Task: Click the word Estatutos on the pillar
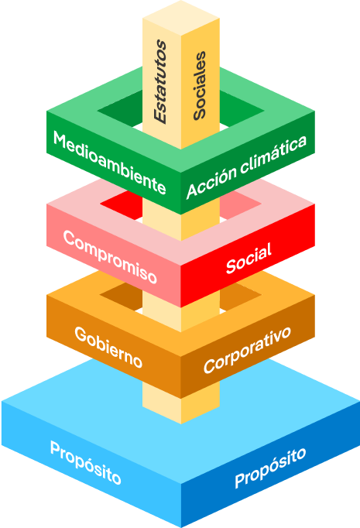tap(160, 81)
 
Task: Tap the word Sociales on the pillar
tap(199, 85)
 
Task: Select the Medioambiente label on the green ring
tap(109, 163)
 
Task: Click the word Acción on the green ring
tap(212, 182)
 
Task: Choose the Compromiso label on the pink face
tap(110, 256)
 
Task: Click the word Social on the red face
tap(249, 258)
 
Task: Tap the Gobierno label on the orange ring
tap(108, 347)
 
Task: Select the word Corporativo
tap(247, 350)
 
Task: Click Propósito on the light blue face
tap(85, 463)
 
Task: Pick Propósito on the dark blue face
tap(270, 468)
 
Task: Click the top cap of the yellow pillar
tap(181, 18)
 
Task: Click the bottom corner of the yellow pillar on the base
tap(181, 423)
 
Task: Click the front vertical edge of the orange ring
tap(181, 378)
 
